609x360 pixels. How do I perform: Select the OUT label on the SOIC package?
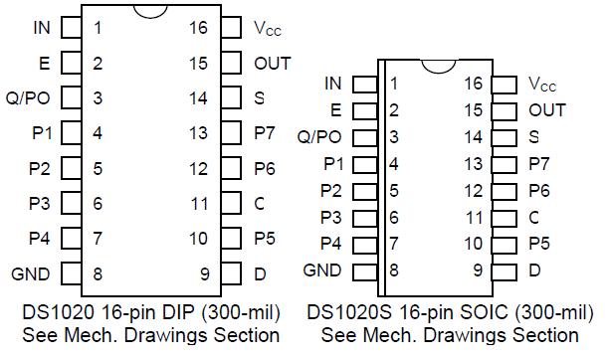pos(547,110)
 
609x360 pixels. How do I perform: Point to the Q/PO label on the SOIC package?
pos(319,136)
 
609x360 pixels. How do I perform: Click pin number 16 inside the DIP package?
pos(198,28)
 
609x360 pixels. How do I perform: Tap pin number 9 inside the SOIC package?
pos(479,270)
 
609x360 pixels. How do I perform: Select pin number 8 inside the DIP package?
pos(98,272)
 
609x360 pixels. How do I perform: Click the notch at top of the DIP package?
pos(148,11)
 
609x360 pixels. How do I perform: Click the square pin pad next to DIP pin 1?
pos(70,28)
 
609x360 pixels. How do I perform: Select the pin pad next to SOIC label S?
pos(506,136)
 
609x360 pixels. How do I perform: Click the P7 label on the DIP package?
pos(265,132)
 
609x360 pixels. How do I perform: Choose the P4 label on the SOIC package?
pos(331,243)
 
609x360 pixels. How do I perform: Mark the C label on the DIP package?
pos(259,203)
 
